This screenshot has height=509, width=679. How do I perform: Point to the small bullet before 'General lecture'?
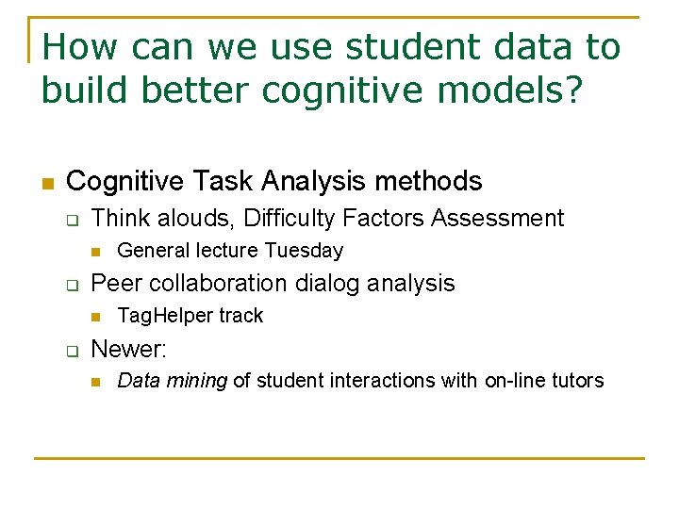pyautogui.click(x=95, y=252)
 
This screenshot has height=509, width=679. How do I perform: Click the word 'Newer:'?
pyautogui.click(x=128, y=349)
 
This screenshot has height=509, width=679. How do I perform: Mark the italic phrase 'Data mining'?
pyautogui.click(x=172, y=381)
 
